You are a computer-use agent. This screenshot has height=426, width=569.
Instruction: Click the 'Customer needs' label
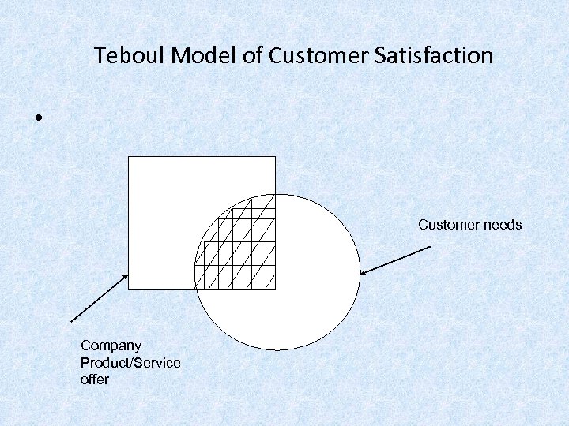click(x=469, y=226)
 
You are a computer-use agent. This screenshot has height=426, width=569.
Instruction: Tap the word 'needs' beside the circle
click(x=503, y=226)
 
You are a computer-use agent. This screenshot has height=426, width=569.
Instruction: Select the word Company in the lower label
click(x=111, y=346)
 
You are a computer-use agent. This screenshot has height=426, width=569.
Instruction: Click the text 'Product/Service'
click(x=130, y=363)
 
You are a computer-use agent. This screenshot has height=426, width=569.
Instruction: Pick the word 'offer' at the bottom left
click(x=94, y=379)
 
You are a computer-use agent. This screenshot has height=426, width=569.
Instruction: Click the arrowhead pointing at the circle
click(x=363, y=274)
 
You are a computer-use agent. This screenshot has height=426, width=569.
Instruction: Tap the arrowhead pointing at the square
click(x=126, y=276)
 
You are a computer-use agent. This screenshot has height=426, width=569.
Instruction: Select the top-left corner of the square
click(x=128, y=157)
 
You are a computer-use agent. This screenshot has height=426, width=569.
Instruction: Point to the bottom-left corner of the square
click(x=128, y=289)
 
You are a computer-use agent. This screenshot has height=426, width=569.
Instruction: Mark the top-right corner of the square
click(x=275, y=157)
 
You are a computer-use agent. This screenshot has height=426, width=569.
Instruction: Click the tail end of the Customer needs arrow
click(x=431, y=247)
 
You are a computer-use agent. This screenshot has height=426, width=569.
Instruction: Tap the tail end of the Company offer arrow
click(x=71, y=322)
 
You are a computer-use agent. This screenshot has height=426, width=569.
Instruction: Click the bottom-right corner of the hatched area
click(x=275, y=289)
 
